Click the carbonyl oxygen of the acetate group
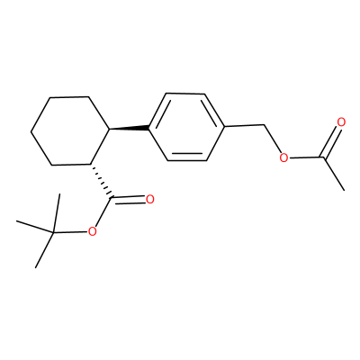coord(341,122)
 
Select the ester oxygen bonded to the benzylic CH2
coord(283,157)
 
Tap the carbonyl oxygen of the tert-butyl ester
coord(150,199)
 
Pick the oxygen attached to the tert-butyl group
coord(92,231)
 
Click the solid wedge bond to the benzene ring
coord(130,129)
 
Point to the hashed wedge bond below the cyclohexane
coord(101,181)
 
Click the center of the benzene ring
coord(186,127)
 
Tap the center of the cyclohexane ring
coord(70,130)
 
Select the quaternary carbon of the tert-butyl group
coord(53,232)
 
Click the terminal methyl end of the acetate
coord(344,190)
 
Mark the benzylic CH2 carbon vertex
coord(264,125)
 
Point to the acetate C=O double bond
coord(331,140)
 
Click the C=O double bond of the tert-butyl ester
coord(129,200)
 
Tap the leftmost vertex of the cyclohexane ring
coord(31,131)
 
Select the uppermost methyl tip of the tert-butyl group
coord(59,194)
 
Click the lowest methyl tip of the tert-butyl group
coord(36,267)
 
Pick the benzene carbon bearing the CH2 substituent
coord(224,127)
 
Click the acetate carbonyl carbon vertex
coord(323,157)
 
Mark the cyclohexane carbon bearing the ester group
coord(91,164)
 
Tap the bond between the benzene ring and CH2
coord(244,126)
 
